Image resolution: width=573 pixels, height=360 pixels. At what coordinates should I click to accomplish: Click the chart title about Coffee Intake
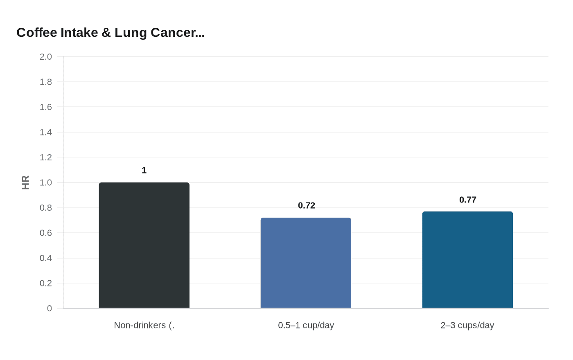tap(111, 33)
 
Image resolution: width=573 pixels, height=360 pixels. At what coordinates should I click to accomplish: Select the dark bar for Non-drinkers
tap(144, 245)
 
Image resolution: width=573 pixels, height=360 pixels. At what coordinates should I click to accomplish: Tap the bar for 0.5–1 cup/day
tap(306, 263)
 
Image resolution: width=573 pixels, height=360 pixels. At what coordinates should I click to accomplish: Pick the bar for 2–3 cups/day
tap(467, 260)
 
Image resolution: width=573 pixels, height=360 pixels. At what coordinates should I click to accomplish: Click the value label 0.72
tap(307, 205)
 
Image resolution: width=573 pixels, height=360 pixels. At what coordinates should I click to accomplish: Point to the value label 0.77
tap(468, 200)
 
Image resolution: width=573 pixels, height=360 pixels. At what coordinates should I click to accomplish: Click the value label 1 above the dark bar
tap(144, 170)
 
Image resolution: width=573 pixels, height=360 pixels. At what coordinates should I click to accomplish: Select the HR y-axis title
tap(25, 182)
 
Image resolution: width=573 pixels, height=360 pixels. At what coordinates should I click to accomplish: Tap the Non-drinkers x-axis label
tap(144, 325)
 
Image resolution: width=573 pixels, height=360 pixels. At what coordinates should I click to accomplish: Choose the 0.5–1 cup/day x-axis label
tap(306, 325)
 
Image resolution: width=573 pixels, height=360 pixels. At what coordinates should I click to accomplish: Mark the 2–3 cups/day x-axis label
tap(467, 325)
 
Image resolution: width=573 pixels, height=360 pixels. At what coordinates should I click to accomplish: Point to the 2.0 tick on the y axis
tap(46, 57)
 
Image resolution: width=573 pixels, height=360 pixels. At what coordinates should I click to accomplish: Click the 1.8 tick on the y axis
tap(46, 82)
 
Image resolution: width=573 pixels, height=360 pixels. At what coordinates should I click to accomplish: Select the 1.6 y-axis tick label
tap(46, 107)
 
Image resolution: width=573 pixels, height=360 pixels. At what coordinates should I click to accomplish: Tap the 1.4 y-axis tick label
tap(46, 132)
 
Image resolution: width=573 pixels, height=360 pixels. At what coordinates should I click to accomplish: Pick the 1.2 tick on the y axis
tap(46, 157)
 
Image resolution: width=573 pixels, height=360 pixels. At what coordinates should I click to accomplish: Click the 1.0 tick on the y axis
tap(46, 182)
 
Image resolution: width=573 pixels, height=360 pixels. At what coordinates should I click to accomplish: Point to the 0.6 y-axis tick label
tap(46, 233)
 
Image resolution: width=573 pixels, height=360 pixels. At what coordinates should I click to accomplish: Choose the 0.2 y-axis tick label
tap(46, 283)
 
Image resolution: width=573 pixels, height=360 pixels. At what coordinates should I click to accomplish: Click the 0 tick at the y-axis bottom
tap(50, 308)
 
